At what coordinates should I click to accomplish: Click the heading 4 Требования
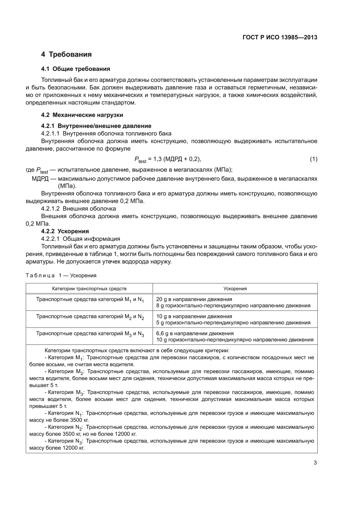pos(66,54)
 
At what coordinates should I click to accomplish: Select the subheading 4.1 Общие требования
pos(75,69)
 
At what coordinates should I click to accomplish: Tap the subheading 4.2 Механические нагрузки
pos(82,115)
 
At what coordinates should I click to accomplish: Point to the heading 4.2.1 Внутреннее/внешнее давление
pos(96,126)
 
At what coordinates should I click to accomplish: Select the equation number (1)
pos(313,159)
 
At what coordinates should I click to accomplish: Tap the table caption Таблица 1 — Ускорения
pos(61,276)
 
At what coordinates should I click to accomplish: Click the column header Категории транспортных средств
pos(89,289)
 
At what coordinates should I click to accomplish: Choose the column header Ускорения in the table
pos(235,289)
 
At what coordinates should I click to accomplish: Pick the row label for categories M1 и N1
pos(90,300)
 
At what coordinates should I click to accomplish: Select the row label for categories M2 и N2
pos(90,317)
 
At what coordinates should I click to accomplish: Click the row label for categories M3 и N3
pos(90,334)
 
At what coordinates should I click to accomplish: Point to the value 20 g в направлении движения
pos(194,299)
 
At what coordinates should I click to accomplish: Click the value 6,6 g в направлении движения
pos(195,333)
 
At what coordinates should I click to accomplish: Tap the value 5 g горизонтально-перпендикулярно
pos(233,323)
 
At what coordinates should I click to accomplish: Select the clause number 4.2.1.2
pos(50,208)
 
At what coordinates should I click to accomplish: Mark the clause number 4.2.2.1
pos(50,239)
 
